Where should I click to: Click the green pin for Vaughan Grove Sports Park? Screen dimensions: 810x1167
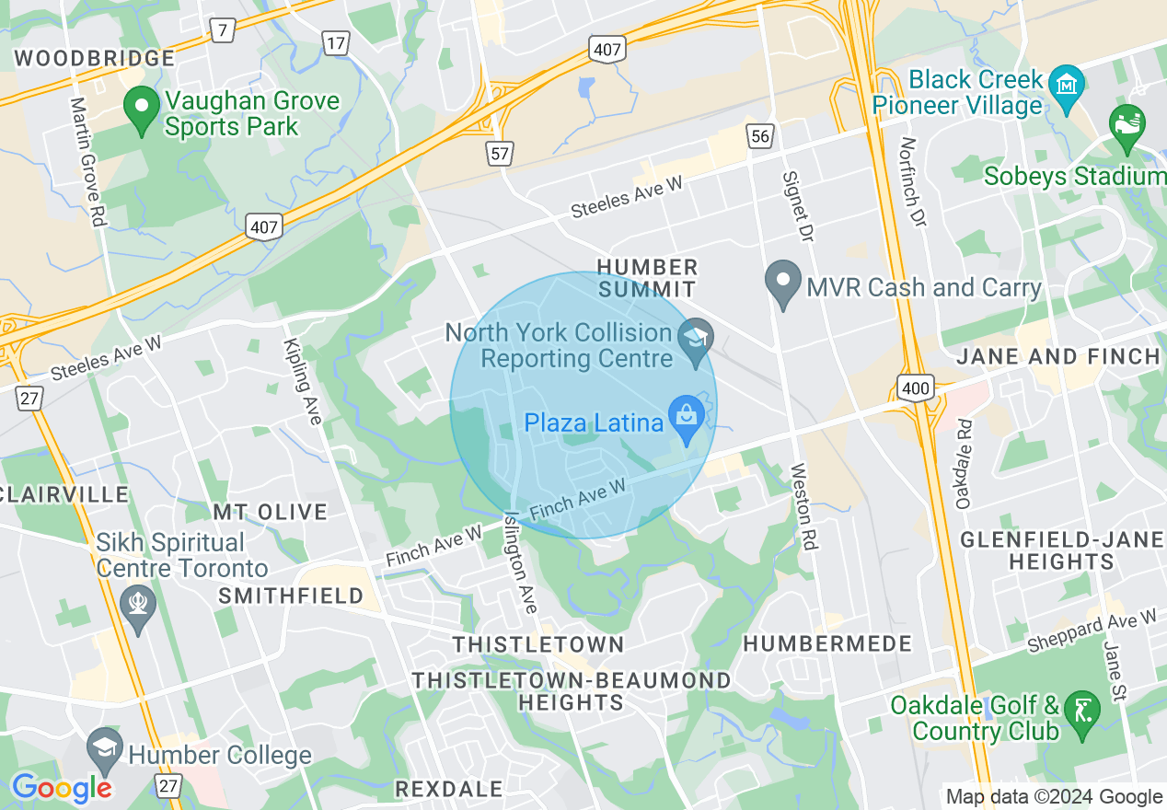[x=142, y=109]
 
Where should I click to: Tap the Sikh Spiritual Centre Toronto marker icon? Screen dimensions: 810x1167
[x=138, y=607]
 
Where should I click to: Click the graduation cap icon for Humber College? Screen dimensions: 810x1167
[x=105, y=752]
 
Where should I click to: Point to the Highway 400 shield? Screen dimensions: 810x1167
[x=916, y=388]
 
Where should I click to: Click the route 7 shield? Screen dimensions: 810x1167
[x=222, y=30]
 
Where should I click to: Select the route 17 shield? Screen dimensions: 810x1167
[x=335, y=41]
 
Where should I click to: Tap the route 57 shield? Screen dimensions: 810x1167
[x=499, y=153]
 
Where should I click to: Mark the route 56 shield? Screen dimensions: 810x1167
[x=759, y=137]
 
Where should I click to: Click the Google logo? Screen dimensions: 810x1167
[x=62, y=788]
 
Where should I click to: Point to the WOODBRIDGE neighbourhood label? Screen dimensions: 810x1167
[x=95, y=58]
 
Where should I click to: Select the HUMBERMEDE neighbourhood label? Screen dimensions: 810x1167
[x=827, y=643]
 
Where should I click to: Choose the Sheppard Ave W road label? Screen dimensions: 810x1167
[x=1092, y=631]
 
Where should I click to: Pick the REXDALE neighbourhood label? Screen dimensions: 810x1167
[x=448, y=789]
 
